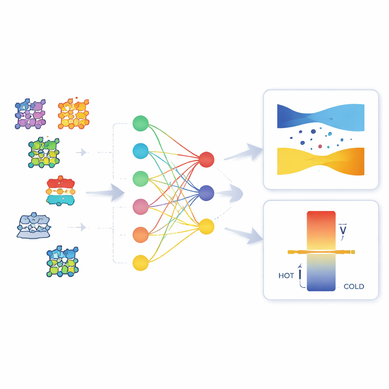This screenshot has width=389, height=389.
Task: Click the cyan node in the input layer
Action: pyautogui.click(x=141, y=151)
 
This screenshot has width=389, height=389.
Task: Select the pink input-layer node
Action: pyautogui.click(x=141, y=207)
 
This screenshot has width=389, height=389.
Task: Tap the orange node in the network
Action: pyautogui.click(x=141, y=235)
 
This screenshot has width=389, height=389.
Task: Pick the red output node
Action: pyautogui.click(x=206, y=160)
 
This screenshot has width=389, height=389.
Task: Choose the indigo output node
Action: pyautogui.click(x=206, y=193)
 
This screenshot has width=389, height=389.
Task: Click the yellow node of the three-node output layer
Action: pyautogui.click(x=206, y=226)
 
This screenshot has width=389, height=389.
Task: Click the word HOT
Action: pyautogui.click(x=286, y=276)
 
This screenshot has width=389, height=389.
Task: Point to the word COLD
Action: pyautogui.click(x=354, y=286)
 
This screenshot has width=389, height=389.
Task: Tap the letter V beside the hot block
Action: pyautogui.click(x=343, y=231)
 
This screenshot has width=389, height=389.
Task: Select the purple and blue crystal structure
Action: pyautogui.click(x=30, y=114)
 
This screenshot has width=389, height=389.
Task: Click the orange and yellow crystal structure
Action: pyautogui.click(x=73, y=114)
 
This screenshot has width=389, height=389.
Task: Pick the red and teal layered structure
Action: pyautogui.click(x=60, y=191)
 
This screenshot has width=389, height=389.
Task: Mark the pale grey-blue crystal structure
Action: pyautogui.click(x=34, y=226)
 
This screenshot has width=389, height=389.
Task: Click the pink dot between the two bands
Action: pyautogui.click(x=320, y=146)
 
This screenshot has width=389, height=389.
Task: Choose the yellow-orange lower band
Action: pyautogui.click(x=321, y=161)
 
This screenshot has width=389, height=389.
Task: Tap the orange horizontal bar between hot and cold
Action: pyautogui.click(x=321, y=252)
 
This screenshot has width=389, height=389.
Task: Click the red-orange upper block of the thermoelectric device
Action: pyautogui.click(x=321, y=231)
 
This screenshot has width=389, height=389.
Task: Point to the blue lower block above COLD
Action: pyautogui.click(x=321, y=272)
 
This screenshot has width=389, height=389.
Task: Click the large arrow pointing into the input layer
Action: pyautogui.click(x=105, y=192)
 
